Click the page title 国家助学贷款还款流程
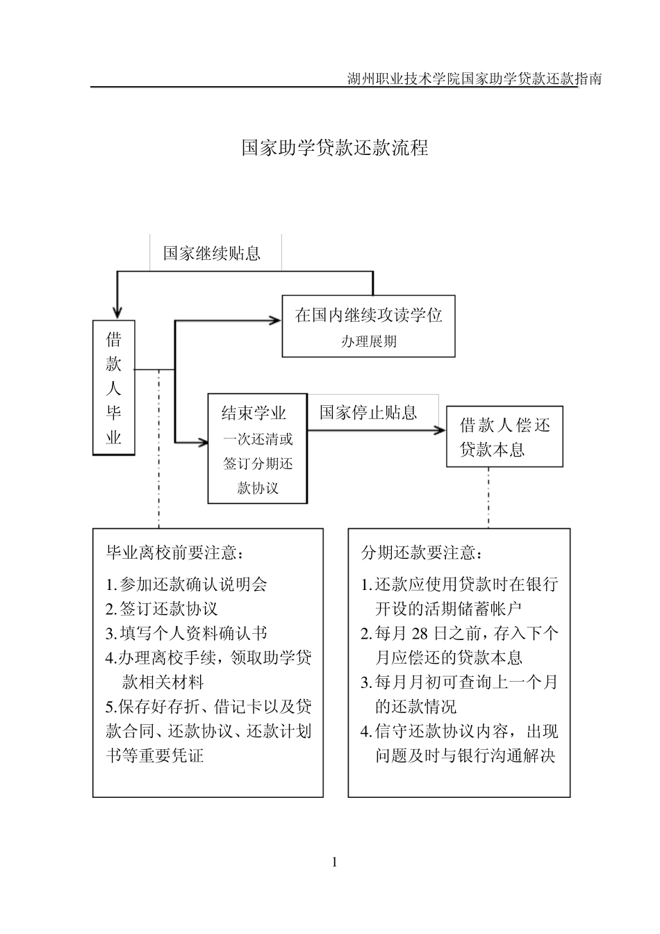point(335,148)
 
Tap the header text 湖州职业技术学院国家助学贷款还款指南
point(474,79)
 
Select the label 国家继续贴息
point(212,254)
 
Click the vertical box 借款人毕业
point(114,388)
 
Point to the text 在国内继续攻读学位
point(368,316)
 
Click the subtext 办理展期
point(368,342)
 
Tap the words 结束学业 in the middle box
point(254,413)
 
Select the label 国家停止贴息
point(368,413)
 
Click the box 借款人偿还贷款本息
point(504,437)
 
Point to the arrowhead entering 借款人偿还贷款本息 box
point(440,431)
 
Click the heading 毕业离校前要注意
point(174,553)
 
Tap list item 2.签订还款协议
point(162,609)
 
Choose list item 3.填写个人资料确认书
point(186,634)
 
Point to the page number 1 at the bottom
point(334,863)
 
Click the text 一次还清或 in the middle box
point(258,439)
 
